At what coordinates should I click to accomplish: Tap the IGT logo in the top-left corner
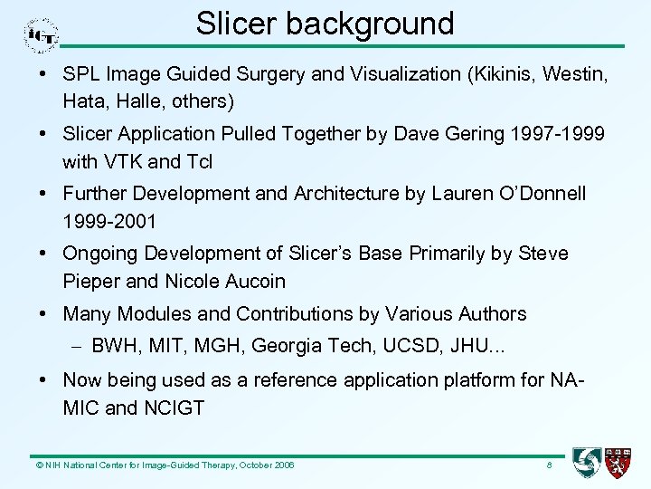(41, 35)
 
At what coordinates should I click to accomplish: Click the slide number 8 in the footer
(549, 465)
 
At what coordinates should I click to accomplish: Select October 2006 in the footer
(261, 465)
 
